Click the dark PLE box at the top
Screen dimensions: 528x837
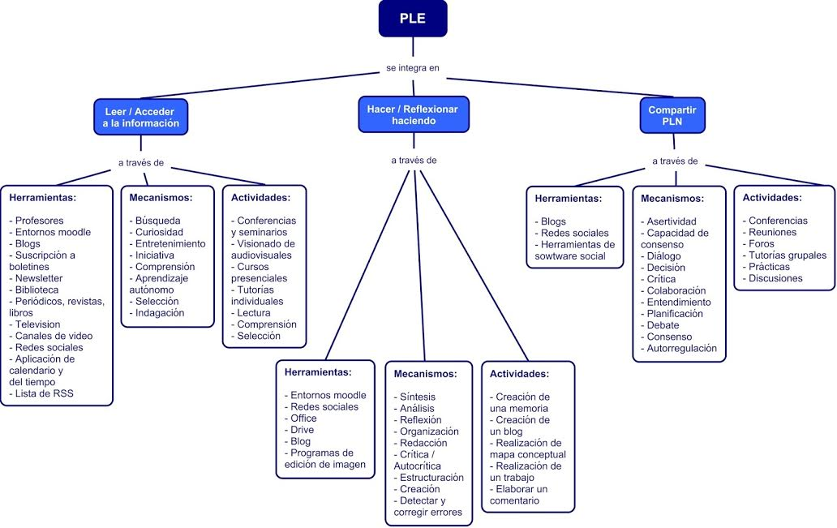(x=412, y=19)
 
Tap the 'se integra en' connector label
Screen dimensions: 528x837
(x=412, y=68)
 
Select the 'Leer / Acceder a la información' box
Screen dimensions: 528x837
(x=140, y=117)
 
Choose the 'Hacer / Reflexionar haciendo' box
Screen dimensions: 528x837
(x=412, y=114)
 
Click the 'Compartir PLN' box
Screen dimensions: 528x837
(x=672, y=115)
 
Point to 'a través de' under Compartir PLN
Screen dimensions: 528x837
(x=675, y=161)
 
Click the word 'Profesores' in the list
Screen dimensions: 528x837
(x=39, y=221)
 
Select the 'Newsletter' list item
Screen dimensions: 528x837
(x=39, y=278)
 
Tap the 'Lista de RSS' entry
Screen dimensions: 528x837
(x=43, y=393)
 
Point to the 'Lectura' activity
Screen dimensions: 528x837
(x=254, y=312)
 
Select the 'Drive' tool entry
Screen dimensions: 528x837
(x=302, y=430)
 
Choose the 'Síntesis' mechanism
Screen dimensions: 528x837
(x=418, y=397)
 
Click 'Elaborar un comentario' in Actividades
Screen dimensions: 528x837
(x=519, y=495)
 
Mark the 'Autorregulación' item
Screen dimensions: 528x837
(x=681, y=348)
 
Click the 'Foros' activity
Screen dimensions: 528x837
(x=762, y=243)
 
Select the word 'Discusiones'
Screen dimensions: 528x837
(x=775, y=278)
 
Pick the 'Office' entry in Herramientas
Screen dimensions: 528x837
(x=303, y=419)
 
